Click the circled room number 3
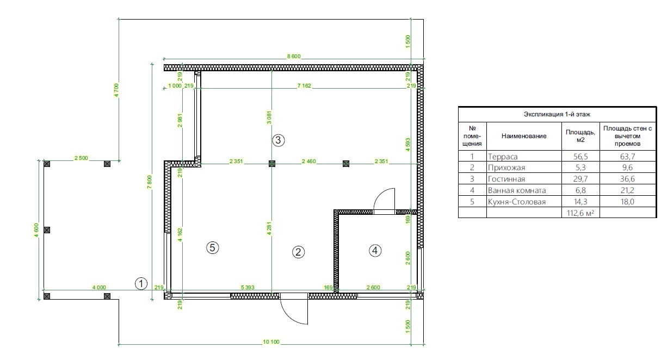tap(278, 140)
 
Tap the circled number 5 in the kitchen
tap(213, 247)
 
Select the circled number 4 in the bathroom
tap(375, 251)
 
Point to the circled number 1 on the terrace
tap(141, 283)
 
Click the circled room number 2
tap(298, 252)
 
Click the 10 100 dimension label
tap(271, 342)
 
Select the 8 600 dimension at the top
tap(294, 57)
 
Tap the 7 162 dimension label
tap(304, 85)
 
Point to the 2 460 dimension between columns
tap(308, 162)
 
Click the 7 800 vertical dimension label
tap(149, 182)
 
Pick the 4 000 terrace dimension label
tap(99, 288)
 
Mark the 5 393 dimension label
tap(248, 288)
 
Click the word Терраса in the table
tap(503, 157)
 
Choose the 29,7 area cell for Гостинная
tap(580, 179)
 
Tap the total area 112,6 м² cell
tap(580, 213)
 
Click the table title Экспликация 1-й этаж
tap(557, 114)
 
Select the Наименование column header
tap(524, 136)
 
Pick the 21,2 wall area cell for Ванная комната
tap(627, 190)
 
